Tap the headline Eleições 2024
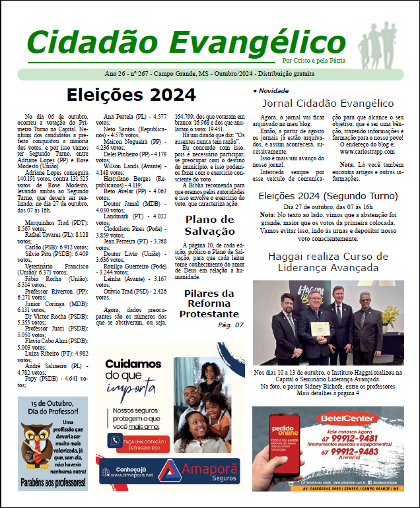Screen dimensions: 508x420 click(x=131, y=95)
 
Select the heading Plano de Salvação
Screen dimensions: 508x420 click(x=209, y=225)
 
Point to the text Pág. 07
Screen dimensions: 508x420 click(x=230, y=325)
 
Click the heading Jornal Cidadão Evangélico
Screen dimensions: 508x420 click(x=328, y=104)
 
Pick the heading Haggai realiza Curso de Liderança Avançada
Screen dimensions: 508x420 click(x=328, y=263)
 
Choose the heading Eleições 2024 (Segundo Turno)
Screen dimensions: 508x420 click(x=328, y=195)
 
